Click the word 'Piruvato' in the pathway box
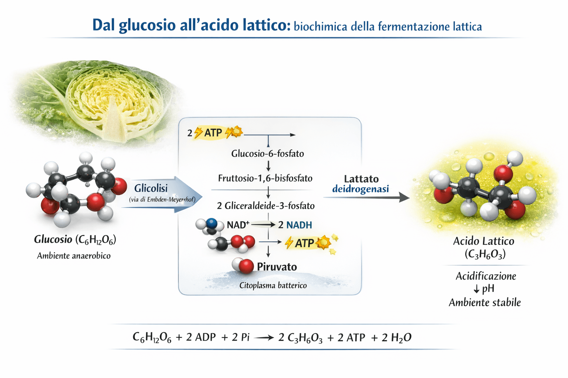[277, 267]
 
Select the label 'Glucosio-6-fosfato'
[267, 154]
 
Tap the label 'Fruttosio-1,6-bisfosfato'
[265, 178]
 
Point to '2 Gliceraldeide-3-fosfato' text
[266, 206]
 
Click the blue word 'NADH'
[299, 225]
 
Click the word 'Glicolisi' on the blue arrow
[151, 188]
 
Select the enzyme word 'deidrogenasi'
[361, 189]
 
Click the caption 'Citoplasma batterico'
[273, 285]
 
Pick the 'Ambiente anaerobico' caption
[74, 256]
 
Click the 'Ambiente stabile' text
[484, 303]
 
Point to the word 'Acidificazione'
[486, 276]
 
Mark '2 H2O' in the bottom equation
[396, 337]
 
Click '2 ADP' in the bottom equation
[201, 337]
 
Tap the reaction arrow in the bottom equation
[264, 337]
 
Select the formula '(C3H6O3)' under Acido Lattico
[485, 254]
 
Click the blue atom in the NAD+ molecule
[212, 223]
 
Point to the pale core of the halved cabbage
[113, 122]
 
